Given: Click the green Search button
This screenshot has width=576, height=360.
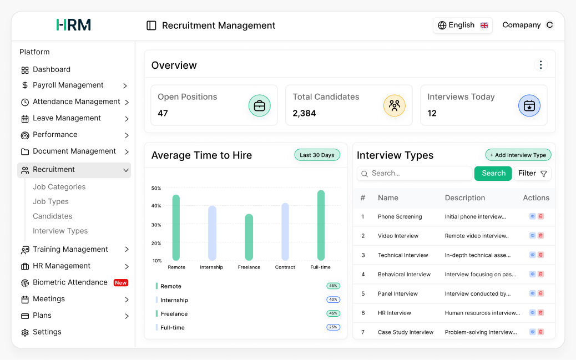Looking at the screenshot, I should (x=493, y=174).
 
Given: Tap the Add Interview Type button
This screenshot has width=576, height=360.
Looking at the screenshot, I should (x=518, y=155).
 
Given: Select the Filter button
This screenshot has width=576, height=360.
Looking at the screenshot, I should (x=532, y=174).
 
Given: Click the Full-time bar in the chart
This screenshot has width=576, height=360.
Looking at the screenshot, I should (x=321, y=225).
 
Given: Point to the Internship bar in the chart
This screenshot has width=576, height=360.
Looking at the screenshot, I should (x=212, y=233).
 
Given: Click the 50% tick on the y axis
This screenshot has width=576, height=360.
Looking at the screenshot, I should (x=156, y=189).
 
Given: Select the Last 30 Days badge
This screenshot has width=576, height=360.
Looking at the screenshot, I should (x=317, y=155).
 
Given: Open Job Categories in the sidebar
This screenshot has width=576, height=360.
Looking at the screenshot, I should (x=59, y=187).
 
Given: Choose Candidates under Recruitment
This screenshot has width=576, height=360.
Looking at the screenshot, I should (x=52, y=216).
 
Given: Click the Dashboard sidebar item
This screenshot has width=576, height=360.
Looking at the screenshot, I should (x=51, y=70).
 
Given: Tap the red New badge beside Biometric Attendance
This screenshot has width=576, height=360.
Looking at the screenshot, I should (x=121, y=283).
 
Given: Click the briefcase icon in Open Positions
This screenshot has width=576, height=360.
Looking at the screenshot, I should (x=259, y=105).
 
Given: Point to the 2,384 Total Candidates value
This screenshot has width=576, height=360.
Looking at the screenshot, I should (x=304, y=113).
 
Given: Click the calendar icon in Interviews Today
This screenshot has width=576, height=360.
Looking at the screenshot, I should (x=529, y=105).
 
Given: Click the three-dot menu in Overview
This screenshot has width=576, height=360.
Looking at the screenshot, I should (x=540, y=65).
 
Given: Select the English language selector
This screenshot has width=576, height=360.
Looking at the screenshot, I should (x=462, y=26).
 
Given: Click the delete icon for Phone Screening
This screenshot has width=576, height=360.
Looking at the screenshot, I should (x=540, y=216).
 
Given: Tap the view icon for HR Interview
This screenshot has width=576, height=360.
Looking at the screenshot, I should (x=532, y=312).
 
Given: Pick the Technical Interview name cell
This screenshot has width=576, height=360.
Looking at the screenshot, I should (x=403, y=255).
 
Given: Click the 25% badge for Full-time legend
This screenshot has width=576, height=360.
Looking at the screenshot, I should (x=333, y=327).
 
